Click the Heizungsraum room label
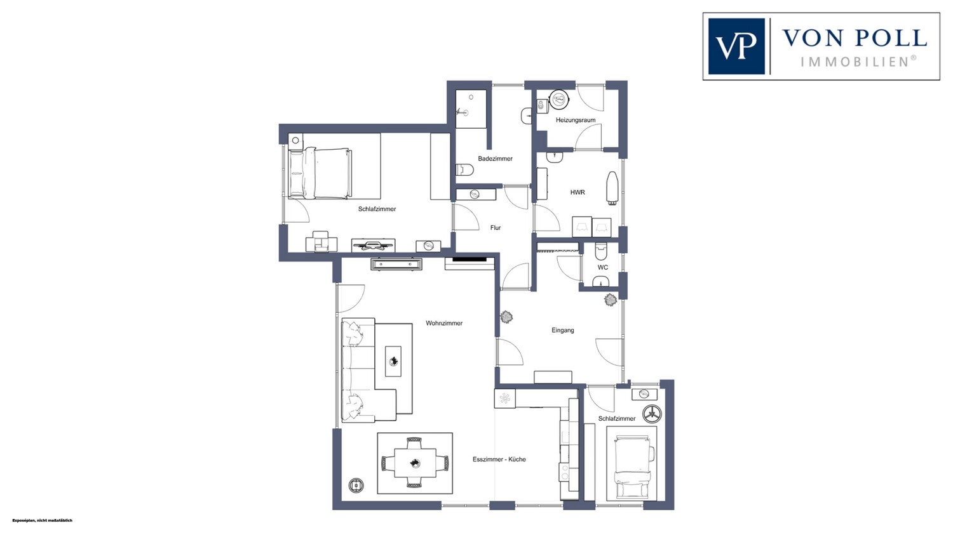tap(575, 120)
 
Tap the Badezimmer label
tap(495, 159)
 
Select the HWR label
tap(578, 192)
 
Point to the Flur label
tap(495, 228)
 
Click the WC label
tap(603, 267)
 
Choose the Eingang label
tap(562, 330)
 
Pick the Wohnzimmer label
tap(444, 324)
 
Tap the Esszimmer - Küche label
tap(499, 459)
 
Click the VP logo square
tap(736, 46)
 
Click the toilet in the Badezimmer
tap(465, 170)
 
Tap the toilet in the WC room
tap(601, 251)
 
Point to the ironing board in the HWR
tap(612, 188)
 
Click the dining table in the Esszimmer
tap(415, 463)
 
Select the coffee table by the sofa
tap(393, 361)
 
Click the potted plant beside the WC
tap(611, 300)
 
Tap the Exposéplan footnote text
tap(43, 520)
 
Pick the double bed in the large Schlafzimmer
tap(320, 173)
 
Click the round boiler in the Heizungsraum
tap(560, 100)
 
